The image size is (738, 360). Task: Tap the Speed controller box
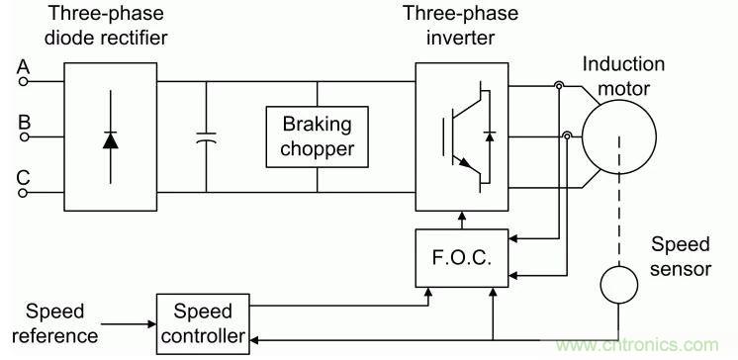pyautogui.click(x=204, y=321)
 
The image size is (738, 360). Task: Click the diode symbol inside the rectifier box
pyautogui.click(x=110, y=137)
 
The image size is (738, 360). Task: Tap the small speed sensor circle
pyautogui.click(x=621, y=284)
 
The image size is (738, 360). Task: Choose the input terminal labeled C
pyautogui.click(x=23, y=193)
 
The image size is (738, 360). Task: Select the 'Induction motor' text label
pyautogui.click(x=623, y=74)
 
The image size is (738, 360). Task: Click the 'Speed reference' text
pyautogui.click(x=62, y=322)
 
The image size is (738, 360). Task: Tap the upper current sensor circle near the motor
pyautogui.click(x=560, y=88)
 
